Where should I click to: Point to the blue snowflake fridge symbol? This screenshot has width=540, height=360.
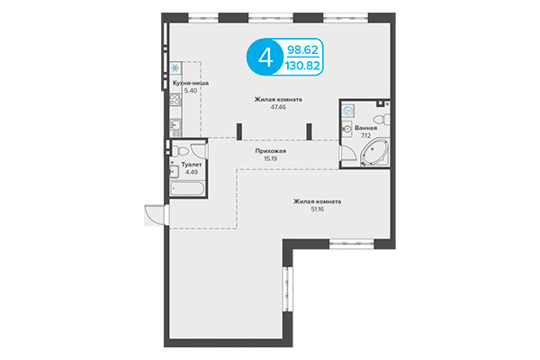(x=175, y=67)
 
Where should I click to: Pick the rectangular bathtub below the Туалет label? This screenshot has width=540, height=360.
(x=187, y=187)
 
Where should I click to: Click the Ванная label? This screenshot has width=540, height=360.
(x=364, y=129)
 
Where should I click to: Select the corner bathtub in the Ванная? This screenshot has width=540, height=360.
(x=371, y=155)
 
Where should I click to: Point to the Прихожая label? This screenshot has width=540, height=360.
(x=270, y=151)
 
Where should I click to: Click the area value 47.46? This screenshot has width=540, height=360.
(x=277, y=107)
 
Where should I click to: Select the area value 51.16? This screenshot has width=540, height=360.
(x=317, y=209)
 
